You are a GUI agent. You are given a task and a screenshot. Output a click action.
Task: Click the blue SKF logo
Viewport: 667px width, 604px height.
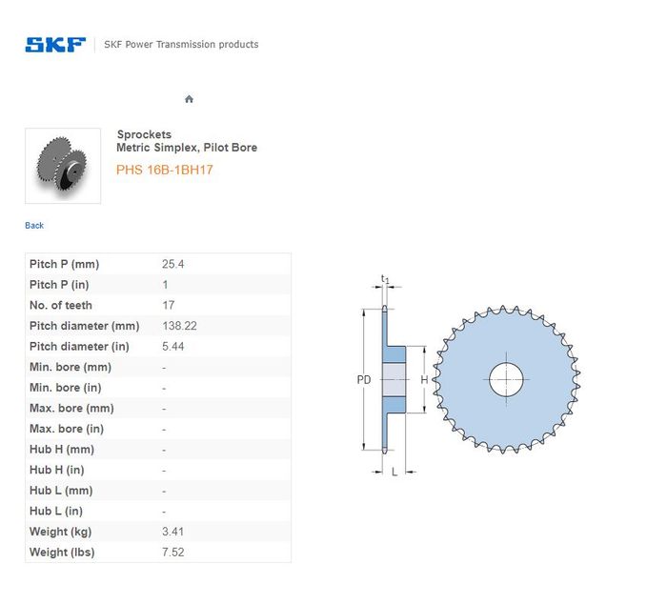click(x=55, y=45)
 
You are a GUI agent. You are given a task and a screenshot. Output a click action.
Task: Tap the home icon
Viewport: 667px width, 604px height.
click(x=189, y=99)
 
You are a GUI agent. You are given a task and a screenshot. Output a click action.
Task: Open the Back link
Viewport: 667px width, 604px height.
click(x=34, y=226)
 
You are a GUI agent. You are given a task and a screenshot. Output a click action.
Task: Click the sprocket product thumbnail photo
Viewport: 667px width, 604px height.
click(x=63, y=166)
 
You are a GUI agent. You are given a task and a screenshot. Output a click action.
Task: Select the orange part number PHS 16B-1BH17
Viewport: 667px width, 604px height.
click(x=164, y=170)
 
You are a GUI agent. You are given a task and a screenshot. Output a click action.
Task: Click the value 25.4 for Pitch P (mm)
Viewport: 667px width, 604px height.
click(x=172, y=264)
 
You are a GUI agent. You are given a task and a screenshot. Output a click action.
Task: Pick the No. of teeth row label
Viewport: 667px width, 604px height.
click(x=61, y=306)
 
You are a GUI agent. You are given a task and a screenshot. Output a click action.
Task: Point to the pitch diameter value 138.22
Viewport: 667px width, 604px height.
click(x=179, y=326)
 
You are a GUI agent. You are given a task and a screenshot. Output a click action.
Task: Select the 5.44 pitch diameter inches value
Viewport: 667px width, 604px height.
click(x=172, y=347)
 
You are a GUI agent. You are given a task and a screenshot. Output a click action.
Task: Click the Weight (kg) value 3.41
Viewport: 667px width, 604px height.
click(x=172, y=532)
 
